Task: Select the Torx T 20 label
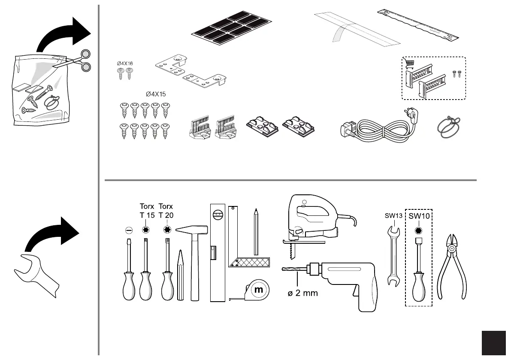166,211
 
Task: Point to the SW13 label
393,216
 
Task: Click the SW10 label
419,216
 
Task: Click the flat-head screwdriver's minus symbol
128,230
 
